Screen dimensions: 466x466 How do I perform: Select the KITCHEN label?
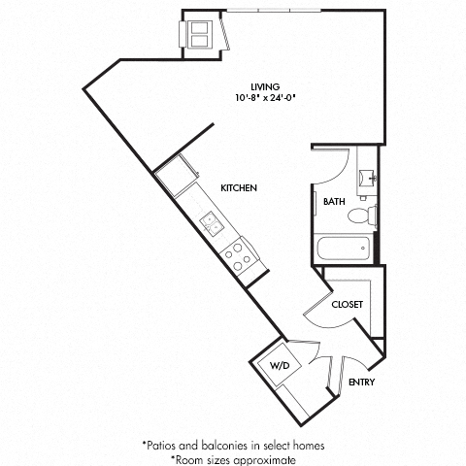238,187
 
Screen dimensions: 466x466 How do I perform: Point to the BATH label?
334,202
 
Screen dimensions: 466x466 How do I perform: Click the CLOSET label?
347,304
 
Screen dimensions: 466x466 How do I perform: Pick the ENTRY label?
362,382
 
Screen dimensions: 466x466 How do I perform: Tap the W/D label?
279,367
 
